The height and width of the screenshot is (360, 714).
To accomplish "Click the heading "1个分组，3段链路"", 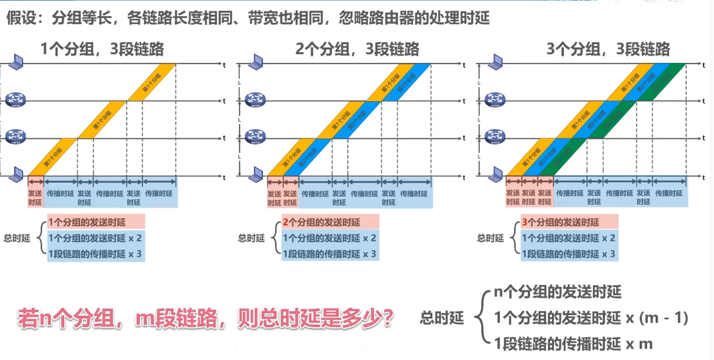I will tap(102, 48).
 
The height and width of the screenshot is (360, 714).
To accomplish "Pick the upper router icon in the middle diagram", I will tap(255, 100).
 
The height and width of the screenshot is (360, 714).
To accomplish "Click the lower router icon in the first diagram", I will tap(15, 138).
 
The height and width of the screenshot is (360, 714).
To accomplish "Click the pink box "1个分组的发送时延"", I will tap(95, 222).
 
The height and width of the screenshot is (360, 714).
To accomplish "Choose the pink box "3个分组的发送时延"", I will tap(568, 222).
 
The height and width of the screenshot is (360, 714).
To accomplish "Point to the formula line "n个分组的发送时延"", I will tap(557, 292).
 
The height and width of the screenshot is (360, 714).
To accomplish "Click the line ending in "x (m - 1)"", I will tap(591, 318).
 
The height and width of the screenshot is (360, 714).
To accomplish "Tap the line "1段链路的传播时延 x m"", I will tap(573, 344).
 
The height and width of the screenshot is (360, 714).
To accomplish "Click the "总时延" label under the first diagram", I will tap(17, 238).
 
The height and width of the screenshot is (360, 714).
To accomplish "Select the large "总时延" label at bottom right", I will tap(442, 319).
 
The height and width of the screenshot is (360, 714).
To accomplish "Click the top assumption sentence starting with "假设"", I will tap(248, 18).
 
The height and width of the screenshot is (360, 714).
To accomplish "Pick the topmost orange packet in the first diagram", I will tap(151, 82).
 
